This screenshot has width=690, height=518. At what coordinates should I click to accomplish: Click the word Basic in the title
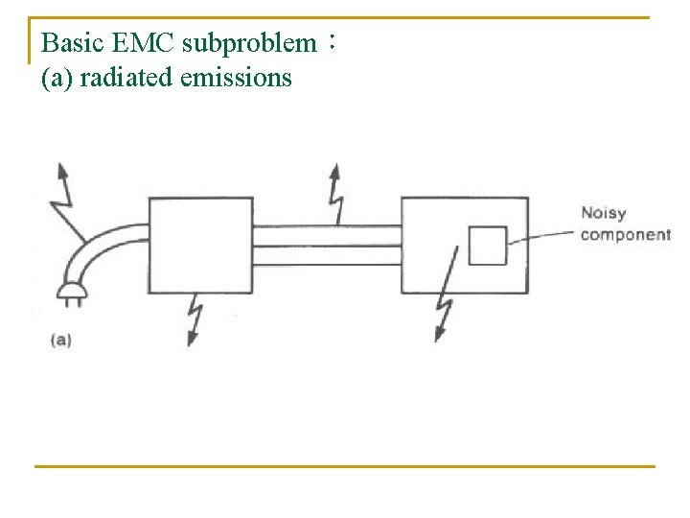coord(73,43)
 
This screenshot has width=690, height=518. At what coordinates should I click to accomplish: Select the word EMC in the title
coord(143,43)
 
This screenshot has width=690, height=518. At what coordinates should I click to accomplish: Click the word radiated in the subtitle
coord(126,78)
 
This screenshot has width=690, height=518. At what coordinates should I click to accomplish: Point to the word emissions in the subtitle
coord(236,78)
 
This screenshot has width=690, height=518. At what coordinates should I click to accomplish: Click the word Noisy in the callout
coord(604,214)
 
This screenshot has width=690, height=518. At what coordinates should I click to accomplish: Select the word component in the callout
coord(625,235)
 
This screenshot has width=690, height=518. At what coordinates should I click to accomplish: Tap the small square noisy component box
coord(488,246)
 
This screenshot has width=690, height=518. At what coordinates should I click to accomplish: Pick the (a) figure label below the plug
coord(60,341)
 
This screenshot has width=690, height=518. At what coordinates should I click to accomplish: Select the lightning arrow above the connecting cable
coord(336,195)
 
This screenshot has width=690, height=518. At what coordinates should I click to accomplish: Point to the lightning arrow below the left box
coord(195,319)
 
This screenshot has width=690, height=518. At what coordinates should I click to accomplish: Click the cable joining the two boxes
coord(327,246)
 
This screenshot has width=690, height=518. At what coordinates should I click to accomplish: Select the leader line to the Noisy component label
coord(540,236)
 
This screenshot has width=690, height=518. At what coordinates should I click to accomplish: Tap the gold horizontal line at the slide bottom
coord(345,466)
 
